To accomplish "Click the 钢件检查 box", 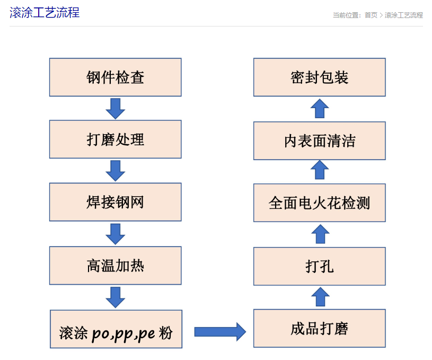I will click(x=115, y=77).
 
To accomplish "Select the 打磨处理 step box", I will click(x=115, y=139).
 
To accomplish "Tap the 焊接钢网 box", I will click(x=115, y=202).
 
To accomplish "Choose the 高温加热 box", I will click(x=115, y=265).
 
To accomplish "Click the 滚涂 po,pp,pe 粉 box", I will click(x=116, y=329).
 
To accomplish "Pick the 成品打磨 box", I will click(x=319, y=329).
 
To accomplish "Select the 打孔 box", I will click(x=319, y=266).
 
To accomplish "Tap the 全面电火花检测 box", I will click(x=319, y=203).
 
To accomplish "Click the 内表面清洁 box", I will click(x=319, y=141).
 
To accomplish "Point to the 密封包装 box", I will click(x=319, y=77).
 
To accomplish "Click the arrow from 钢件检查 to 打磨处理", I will click(x=115, y=108).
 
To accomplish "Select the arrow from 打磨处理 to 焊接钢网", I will click(x=115, y=171).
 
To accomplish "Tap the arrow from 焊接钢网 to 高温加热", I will click(x=115, y=233).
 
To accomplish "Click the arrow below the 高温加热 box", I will click(x=115, y=297).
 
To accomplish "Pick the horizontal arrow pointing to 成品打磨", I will click(x=219, y=331).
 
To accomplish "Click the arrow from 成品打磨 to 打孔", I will click(x=320, y=296).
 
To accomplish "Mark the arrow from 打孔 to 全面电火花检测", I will click(x=320, y=234).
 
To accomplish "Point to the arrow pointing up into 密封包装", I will click(x=320, y=109).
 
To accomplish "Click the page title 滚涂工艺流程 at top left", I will click(x=45, y=13).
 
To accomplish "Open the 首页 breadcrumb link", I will click(x=371, y=15).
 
